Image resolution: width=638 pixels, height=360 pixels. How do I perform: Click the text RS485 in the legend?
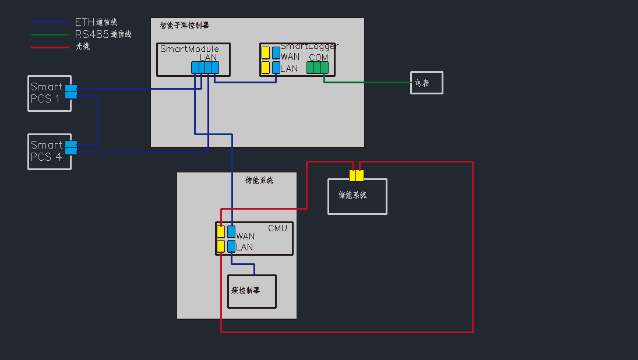(x=91, y=34)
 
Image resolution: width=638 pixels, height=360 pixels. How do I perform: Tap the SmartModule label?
(x=189, y=49)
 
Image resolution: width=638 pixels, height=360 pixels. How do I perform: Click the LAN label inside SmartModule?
(x=208, y=57)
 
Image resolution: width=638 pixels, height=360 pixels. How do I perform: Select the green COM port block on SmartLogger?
(x=318, y=68)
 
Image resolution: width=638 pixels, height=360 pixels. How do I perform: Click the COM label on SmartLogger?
(x=318, y=58)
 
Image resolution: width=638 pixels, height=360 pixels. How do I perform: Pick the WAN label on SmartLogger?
(x=290, y=57)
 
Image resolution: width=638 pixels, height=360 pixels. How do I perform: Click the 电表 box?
(x=426, y=83)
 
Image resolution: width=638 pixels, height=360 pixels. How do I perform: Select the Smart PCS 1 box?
(x=49, y=93)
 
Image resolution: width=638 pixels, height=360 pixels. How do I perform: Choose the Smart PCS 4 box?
(x=49, y=151)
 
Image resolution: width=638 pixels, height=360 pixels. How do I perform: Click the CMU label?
(x=277, y=228)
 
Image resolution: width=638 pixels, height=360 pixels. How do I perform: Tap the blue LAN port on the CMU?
(x=231, y=246)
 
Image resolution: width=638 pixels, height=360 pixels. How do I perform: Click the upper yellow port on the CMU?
(x=221, y=232)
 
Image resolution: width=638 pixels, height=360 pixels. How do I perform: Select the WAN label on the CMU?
(x=245, y=237)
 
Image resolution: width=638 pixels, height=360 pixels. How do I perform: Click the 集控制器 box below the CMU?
(x=252, y=291)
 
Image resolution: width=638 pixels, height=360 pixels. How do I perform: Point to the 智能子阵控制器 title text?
(x=184, y=26)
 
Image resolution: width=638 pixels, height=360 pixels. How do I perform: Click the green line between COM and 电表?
(x=367, y=82)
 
